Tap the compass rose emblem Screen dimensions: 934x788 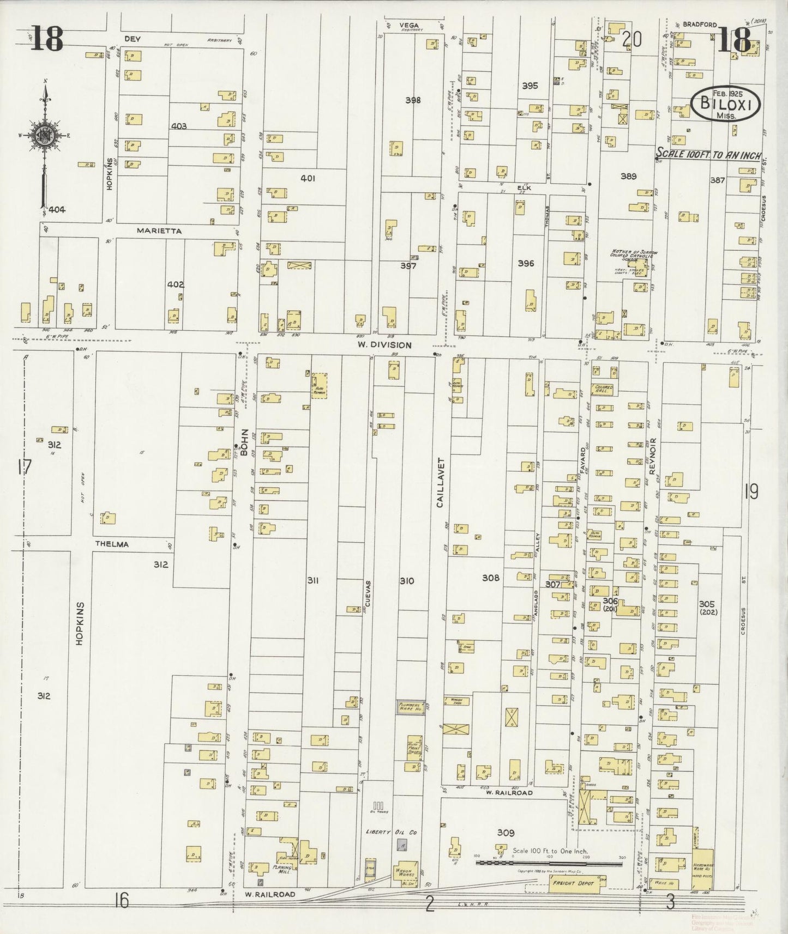point(44,136)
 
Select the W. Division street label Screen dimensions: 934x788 point(384,345)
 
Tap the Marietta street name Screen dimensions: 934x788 point(160,231)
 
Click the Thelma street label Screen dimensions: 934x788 point(112,544)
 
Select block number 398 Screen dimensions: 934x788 point(413,100)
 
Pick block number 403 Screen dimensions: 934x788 point(179,126)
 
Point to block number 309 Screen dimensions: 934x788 point(506,832)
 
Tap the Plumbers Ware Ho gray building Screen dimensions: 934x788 point(410,707)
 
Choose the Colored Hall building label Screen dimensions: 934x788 point(604,389)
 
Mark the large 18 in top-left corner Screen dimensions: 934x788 point(46,39)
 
